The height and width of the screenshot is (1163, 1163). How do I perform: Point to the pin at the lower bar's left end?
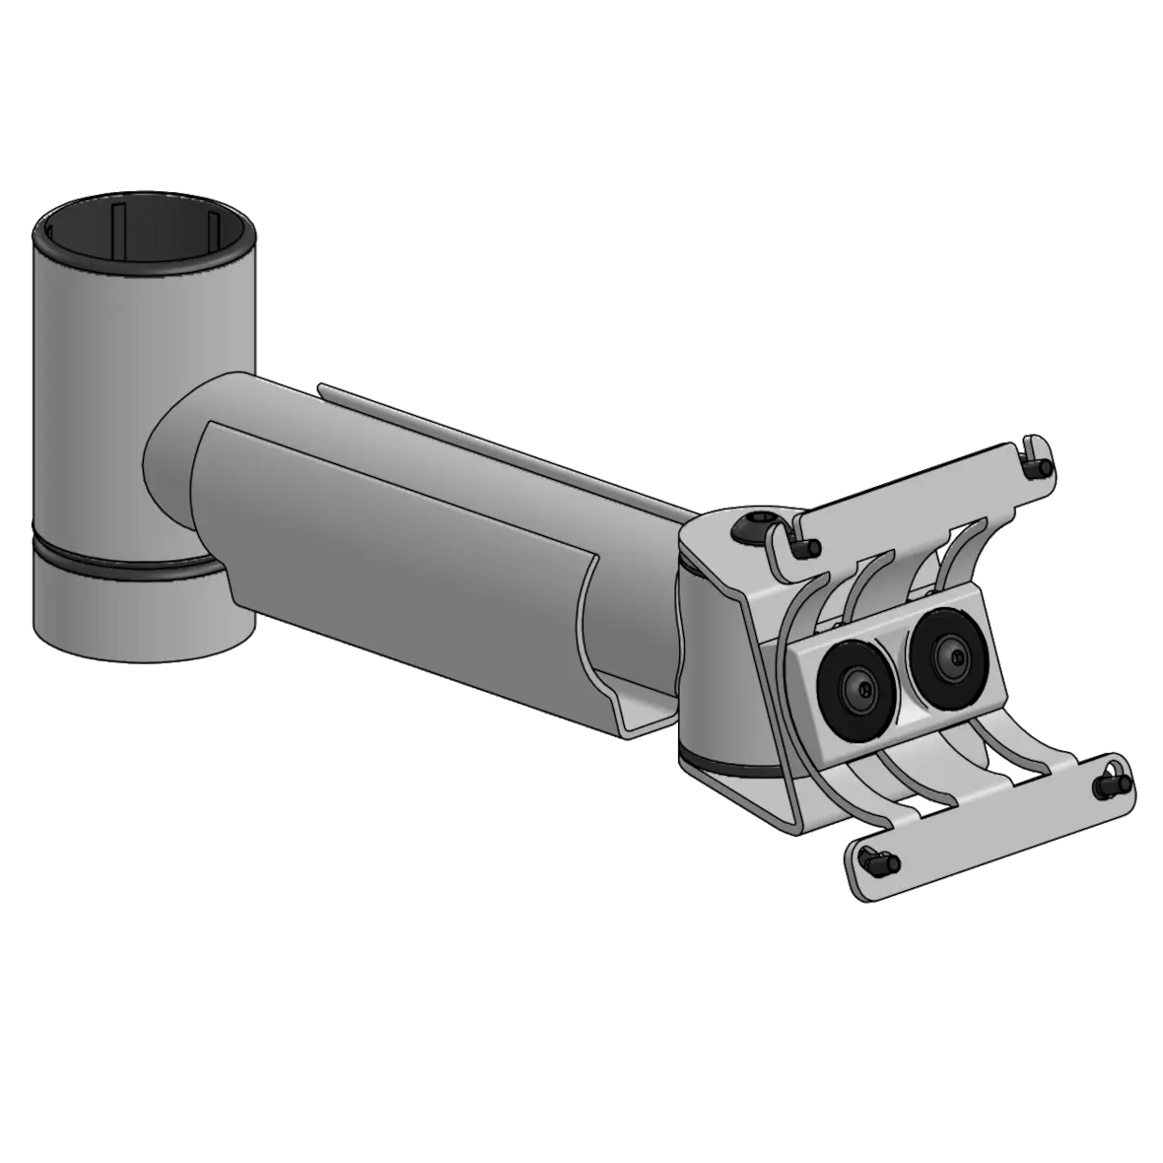pyautogui.click(x=875, y=860)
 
